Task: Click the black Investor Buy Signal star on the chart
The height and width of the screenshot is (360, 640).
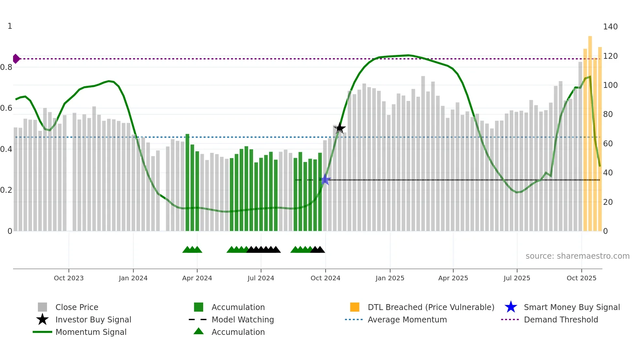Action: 340,128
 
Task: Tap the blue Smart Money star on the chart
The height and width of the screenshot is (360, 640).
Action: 325,180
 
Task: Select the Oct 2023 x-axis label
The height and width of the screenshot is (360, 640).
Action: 69,278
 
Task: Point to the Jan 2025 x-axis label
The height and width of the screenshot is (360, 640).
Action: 390,278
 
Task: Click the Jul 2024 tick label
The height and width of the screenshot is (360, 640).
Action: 261,278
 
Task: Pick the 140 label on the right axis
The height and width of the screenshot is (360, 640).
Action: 610,27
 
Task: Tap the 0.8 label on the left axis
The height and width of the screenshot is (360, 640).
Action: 6,67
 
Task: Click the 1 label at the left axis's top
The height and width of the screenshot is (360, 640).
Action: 10,26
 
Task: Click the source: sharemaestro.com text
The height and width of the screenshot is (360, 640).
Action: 577,256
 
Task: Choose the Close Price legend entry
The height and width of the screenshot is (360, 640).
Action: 77,307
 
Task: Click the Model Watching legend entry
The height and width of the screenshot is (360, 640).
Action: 242,319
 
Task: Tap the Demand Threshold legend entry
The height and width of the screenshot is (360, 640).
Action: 561,319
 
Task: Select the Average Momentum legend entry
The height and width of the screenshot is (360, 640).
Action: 407,319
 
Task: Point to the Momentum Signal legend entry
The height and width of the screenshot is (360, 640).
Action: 91,332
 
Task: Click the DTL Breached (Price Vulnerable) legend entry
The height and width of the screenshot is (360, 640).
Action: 431,307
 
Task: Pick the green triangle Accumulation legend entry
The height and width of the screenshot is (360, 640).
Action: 238,332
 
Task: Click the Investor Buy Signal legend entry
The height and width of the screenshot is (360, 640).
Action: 93,319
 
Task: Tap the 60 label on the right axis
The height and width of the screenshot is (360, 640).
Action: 608,144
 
